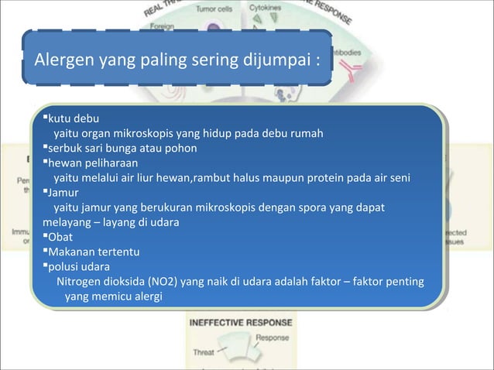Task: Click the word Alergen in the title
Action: [59, 59]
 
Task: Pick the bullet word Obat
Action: [61, 238]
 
